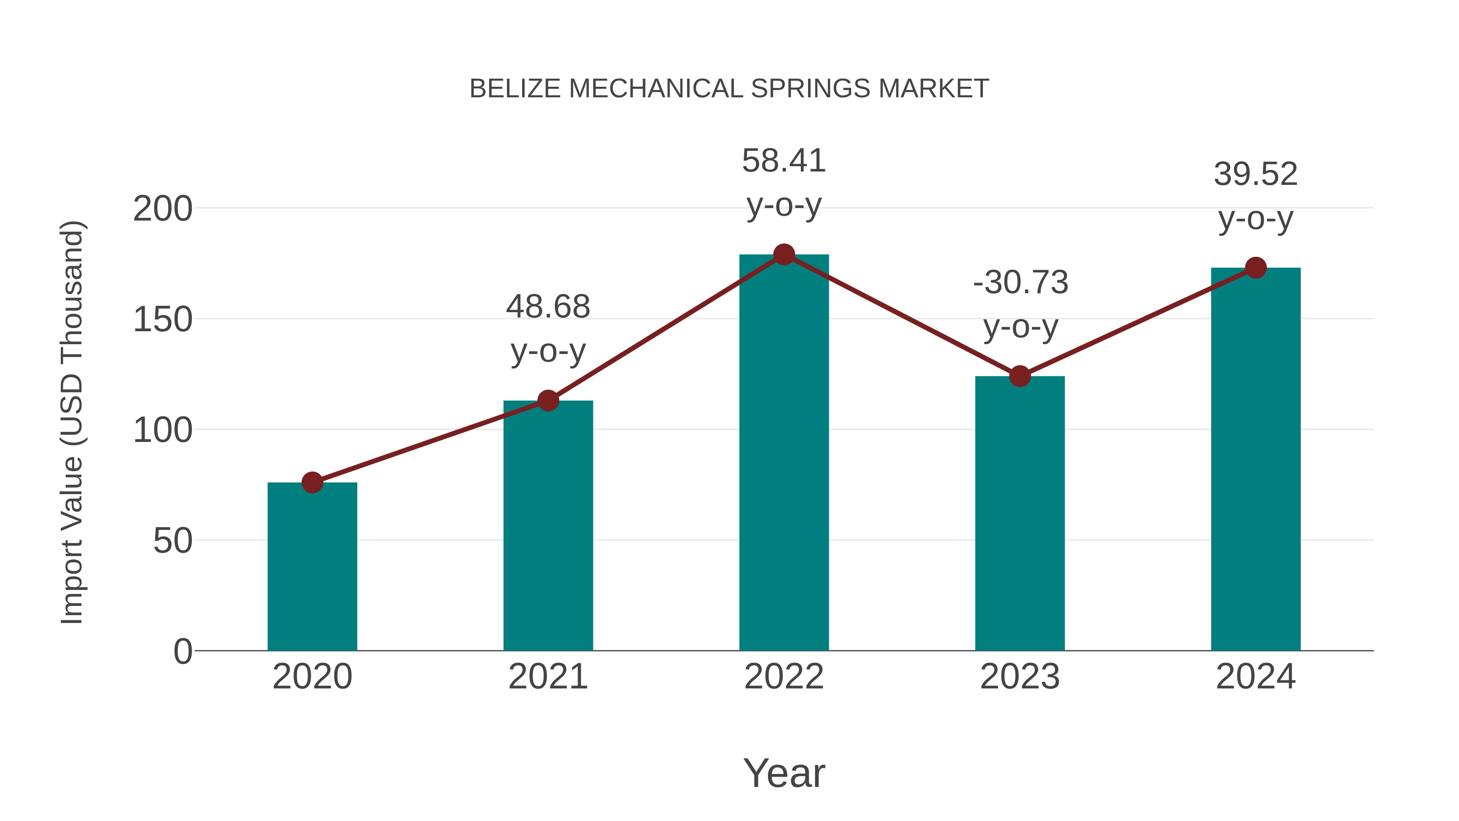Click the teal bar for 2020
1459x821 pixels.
[x=312, y=567]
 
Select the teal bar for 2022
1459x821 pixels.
[x=784, y=453]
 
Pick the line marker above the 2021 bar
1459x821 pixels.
[x=548, y=401]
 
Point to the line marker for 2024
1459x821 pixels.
[x=1256, y=268]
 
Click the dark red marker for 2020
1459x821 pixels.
[x=312, y=483]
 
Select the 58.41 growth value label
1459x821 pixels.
[x=784, y=161]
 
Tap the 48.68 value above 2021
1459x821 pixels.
[x=548, y=307]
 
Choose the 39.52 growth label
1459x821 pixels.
[x=1256, y=174]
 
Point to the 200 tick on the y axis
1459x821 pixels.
[x=163, y=209]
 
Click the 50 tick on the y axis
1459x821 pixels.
[x=173, y=541]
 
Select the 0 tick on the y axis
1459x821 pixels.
[x=183, y=652]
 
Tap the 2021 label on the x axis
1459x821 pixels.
[x=548, y=677]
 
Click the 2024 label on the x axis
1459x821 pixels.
[x=1256, y=677]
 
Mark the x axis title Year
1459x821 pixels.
[x=784, y=774]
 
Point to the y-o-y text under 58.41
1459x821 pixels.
[x=784, y=205]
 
